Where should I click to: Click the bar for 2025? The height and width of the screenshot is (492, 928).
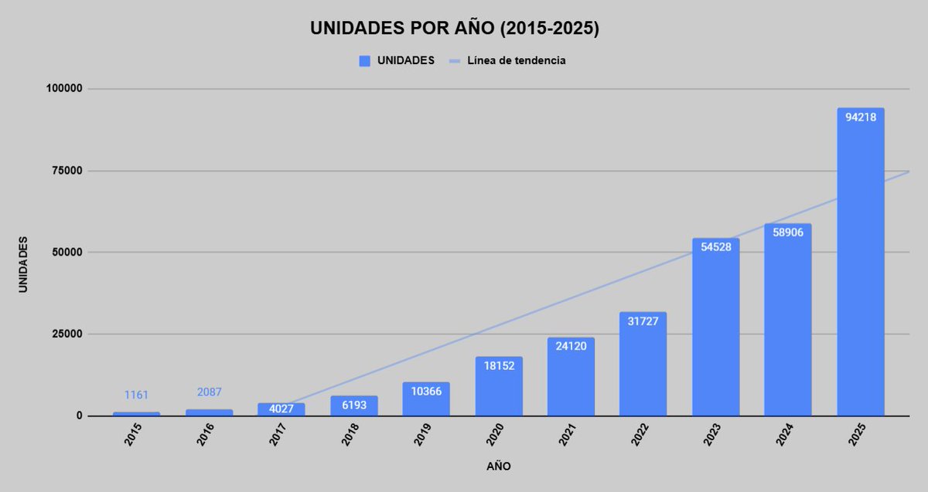(x=860, y=263)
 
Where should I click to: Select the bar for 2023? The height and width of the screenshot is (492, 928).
(x=715, y=327)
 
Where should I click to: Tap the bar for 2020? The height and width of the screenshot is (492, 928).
(x=499, y=386)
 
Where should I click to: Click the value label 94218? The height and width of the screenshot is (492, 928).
(x=860, y=118)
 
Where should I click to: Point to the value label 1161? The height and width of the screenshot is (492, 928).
(x=136, y=395)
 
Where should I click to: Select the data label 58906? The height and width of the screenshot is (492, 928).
(x=787, y=232)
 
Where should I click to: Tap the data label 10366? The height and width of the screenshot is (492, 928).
(x=426, y=392)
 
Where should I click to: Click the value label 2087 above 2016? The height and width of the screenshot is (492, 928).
(x=209, y=392)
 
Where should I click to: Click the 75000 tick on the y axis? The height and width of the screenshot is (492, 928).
(x=66, y=171)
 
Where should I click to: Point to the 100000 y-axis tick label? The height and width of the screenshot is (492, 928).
(x=63, y=89)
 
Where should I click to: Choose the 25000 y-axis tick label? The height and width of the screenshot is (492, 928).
(x=66, y=334)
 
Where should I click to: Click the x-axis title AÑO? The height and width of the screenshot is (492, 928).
(x=498, y=467)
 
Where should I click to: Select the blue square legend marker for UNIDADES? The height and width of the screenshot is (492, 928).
(x=365, y=61)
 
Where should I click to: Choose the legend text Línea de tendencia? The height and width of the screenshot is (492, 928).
(x=516, y=61)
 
